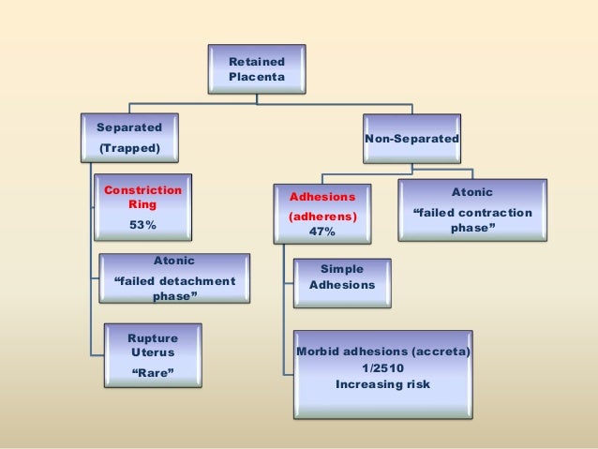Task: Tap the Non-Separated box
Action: tap(411, 139)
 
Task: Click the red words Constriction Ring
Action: tap(143, 196)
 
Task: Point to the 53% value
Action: tap(142, 225)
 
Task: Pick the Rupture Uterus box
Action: tap(152, 354)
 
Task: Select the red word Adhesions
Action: tap(322, 199)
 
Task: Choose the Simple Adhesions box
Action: tap(342, 277)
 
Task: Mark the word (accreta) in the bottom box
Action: tap(439, 352)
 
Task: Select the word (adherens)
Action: tap(322, 216)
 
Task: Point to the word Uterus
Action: tap(151, 349)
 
